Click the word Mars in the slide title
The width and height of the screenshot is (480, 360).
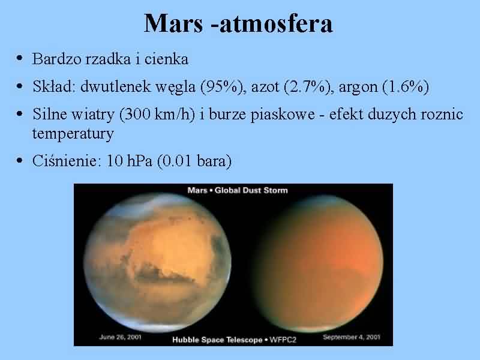point(173,23)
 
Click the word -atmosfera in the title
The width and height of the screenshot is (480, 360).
point(272,23)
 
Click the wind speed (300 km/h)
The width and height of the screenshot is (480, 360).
point(157,114)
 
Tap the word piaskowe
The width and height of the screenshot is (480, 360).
point(283,115)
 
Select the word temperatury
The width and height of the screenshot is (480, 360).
point(73,134)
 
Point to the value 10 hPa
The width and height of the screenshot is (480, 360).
point(129,161)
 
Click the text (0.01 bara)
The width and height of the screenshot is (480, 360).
point(194,161)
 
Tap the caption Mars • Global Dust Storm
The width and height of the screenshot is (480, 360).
point(238,190)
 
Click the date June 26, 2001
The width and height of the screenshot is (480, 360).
point(121,337)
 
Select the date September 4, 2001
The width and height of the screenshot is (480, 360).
point(352,337)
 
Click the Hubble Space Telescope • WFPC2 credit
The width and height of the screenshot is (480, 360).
point(234,340)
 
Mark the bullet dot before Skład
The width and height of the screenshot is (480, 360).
point(20,86)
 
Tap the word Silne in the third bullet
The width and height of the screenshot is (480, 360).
point(50,114)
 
